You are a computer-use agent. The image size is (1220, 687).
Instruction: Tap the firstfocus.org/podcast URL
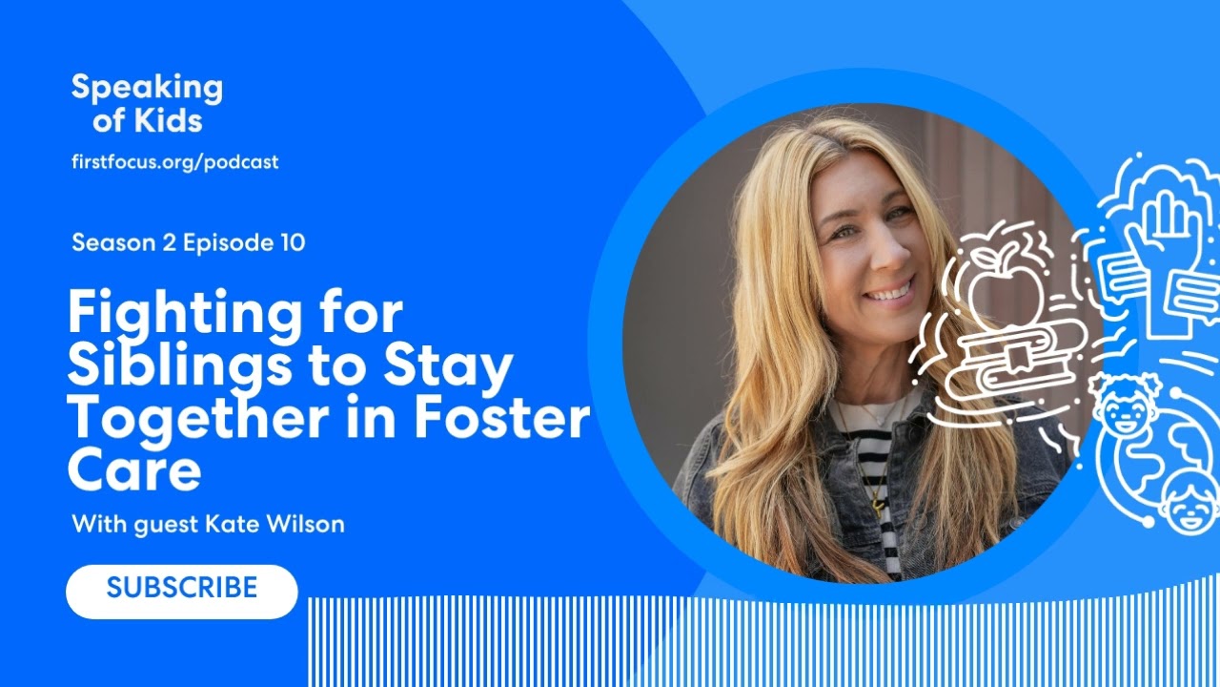point(175,162)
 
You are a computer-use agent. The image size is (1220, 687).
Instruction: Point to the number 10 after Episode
point(293,242)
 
